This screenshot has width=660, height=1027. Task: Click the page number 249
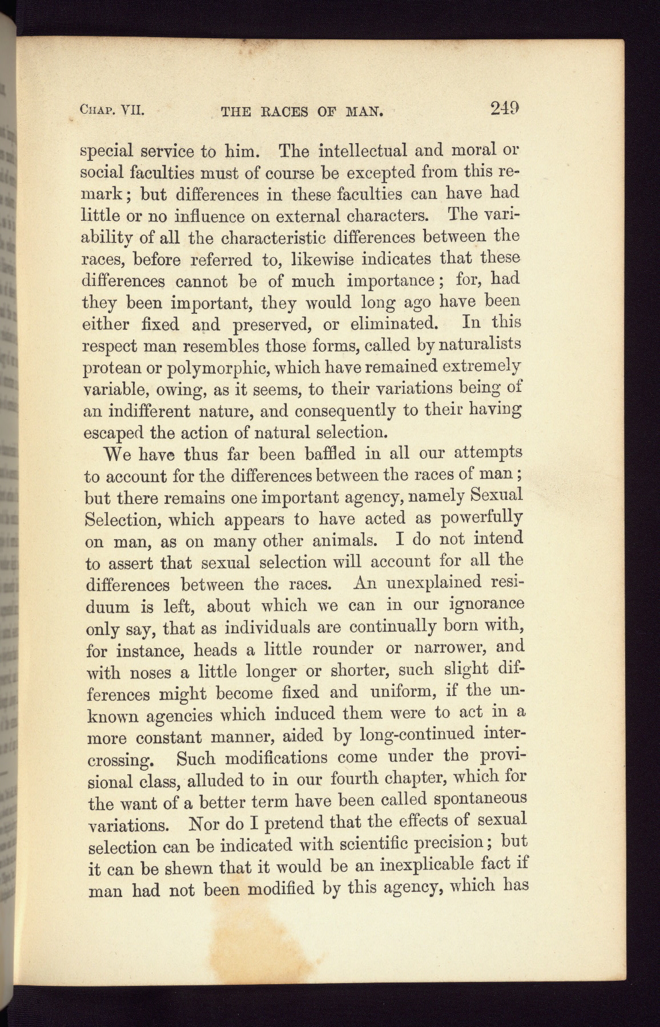(x=504, y=108)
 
